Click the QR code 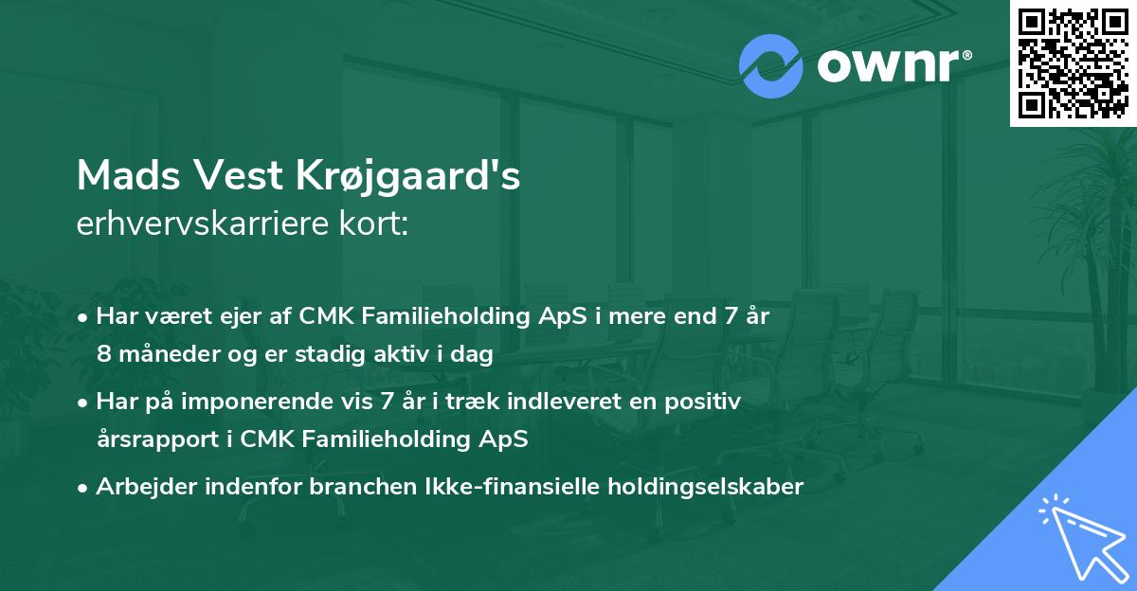1073,63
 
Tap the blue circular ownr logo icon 771,65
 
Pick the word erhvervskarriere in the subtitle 198,225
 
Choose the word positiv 704,402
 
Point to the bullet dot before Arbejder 84,487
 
